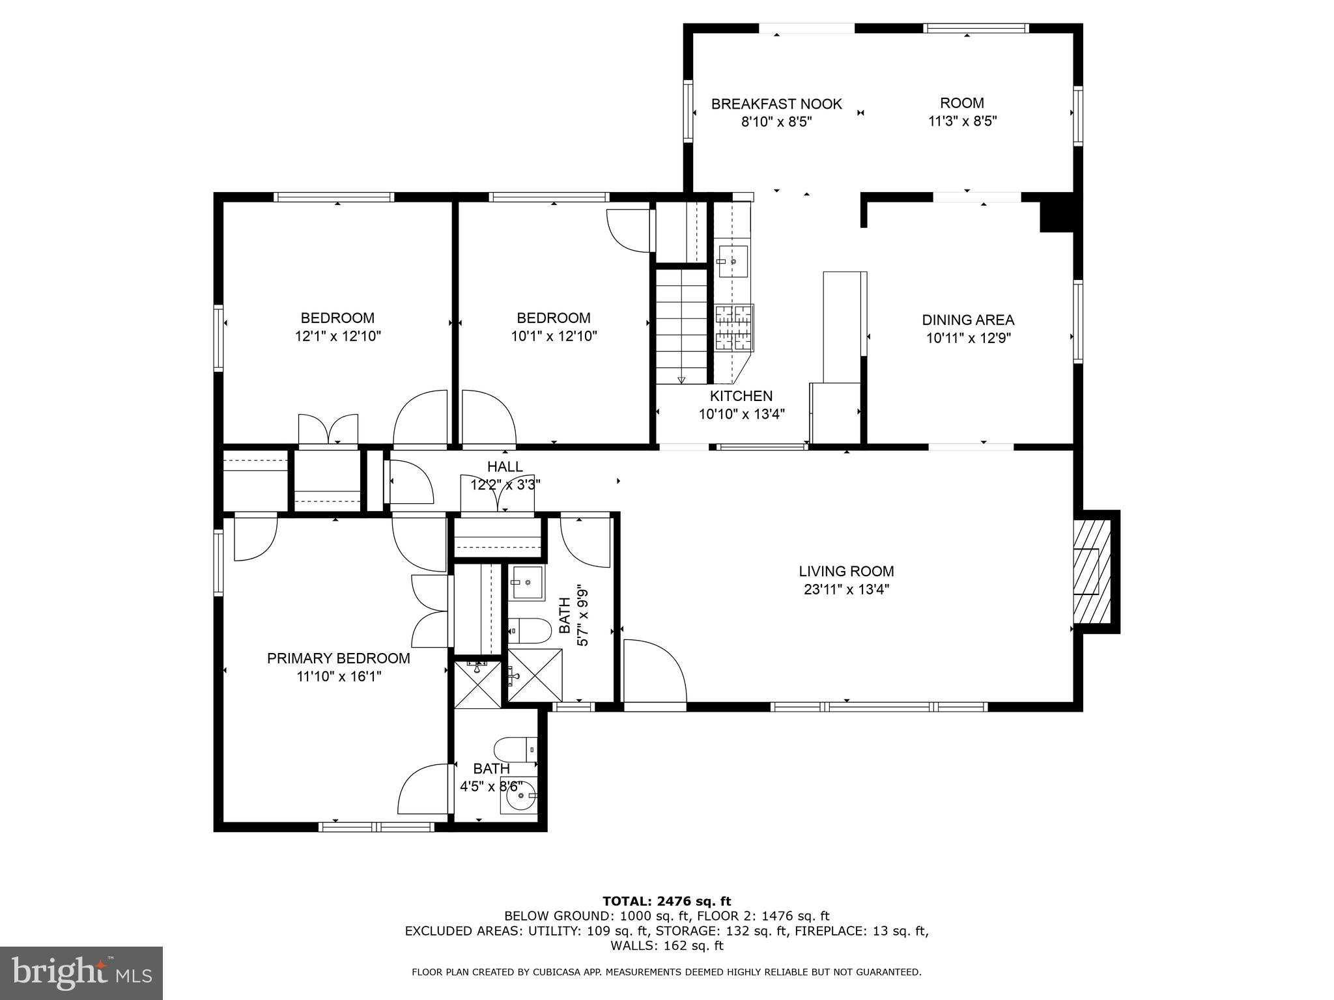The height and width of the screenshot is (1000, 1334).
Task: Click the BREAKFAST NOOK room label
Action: [776, 104]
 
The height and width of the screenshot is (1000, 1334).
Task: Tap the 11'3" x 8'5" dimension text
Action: [962, 121]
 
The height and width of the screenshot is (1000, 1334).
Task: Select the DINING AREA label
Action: [968, 320]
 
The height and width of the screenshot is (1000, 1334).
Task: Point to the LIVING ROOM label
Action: [846, 572]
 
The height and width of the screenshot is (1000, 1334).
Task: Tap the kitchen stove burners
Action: [734, 327]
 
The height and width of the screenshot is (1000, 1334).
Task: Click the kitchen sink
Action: [733, 262]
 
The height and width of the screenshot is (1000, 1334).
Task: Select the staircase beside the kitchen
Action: [681, 326]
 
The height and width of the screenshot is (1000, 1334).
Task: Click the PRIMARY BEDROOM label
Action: [339, 658]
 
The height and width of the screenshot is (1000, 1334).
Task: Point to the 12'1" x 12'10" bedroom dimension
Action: [337, 337]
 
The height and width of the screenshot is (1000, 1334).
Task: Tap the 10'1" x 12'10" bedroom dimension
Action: [554, 337]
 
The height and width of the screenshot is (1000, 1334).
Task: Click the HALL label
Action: [505, 467]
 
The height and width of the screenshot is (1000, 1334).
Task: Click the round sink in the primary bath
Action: [519, 795]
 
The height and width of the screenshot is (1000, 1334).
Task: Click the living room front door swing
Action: [655, 671]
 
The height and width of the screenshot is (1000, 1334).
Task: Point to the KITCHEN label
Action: [741, 396]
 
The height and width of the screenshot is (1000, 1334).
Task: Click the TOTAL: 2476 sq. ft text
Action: [667, 902]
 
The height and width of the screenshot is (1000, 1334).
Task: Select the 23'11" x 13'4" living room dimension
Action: [846, 590]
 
